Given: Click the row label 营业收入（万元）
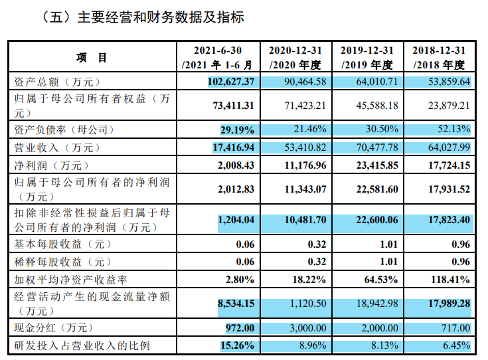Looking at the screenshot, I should coord(54,147).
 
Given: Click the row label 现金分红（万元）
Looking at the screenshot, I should coord(54,327).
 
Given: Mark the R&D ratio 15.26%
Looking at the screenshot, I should coord(238,345).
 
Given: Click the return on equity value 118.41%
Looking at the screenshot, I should coord(450,280).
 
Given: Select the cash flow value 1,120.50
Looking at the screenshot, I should coord(305,304).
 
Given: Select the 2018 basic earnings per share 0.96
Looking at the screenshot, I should coord(459,243).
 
